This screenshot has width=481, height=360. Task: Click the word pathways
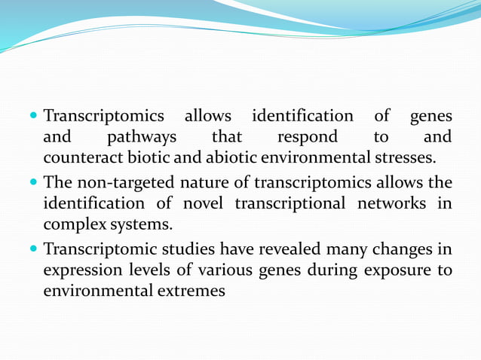pyautogui.click(x=142, y=138)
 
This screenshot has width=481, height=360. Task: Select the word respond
pyautogui.click(x=308, y=138)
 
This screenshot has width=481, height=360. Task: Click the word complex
pyautogui.click(x=73, y=224)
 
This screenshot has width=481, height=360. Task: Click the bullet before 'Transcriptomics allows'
pyautogui.click(x=35, y=117)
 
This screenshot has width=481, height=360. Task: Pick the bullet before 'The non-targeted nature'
pyautogui.click(x=35, y=182)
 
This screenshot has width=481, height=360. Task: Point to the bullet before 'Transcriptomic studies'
pyautogui.click(x=35, y=248)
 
